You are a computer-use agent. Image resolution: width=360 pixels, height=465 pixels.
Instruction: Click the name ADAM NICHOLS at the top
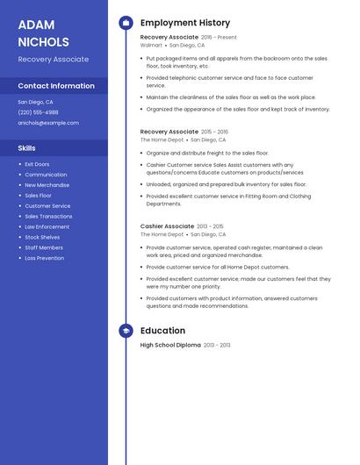43,33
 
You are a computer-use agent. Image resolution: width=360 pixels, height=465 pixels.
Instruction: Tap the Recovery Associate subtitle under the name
53,60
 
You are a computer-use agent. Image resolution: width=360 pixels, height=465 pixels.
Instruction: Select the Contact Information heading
56,86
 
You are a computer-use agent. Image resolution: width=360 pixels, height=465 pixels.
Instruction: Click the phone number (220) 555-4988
38,112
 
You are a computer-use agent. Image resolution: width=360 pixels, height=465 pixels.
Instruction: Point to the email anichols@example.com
48,123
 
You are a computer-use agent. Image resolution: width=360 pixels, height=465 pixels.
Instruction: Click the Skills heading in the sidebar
26,148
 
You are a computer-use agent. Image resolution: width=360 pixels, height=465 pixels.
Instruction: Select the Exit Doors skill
37,164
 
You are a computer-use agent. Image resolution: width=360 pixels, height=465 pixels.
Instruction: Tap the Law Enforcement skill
47,226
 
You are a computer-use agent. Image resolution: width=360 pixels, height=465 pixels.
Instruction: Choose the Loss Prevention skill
44,258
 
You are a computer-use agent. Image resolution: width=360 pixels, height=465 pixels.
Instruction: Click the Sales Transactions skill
48,216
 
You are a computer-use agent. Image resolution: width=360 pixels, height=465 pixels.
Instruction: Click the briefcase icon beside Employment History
126,23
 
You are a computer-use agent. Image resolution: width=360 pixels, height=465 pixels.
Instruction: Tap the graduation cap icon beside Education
126,331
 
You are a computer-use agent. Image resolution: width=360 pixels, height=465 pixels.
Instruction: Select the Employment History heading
185,23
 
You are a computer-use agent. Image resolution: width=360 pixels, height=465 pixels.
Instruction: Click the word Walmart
151,45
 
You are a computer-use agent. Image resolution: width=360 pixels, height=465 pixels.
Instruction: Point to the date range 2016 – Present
219,38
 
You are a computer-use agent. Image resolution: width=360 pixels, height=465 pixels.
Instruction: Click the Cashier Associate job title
167,226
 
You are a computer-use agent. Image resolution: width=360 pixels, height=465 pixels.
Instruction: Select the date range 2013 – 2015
210,226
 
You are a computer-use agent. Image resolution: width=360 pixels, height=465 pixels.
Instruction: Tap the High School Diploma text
170,346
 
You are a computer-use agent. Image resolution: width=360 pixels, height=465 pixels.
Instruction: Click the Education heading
162,331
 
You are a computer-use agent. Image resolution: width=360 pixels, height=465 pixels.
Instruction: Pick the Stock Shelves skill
42,237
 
